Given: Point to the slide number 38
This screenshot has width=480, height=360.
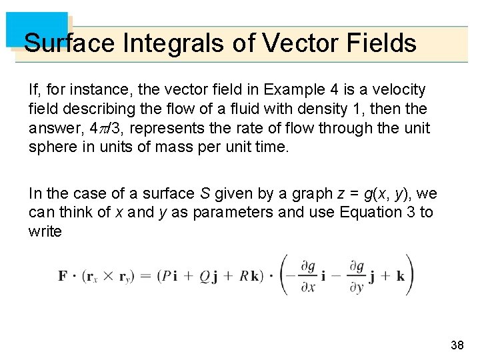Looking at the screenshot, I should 457,345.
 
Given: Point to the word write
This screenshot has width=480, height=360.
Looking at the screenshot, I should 45,232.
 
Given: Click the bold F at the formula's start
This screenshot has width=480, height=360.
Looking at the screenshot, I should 62,276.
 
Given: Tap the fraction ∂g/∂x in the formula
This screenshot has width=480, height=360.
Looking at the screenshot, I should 308,275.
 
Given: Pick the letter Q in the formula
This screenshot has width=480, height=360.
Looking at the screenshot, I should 204,276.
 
